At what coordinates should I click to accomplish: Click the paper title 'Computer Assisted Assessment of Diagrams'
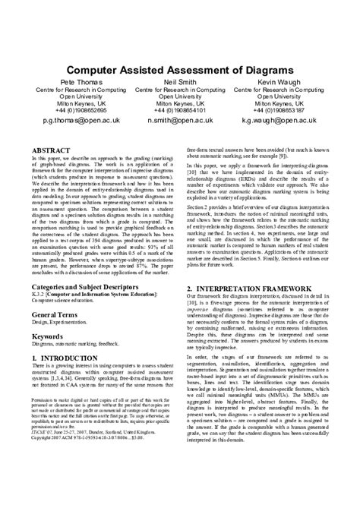tap(180, 69)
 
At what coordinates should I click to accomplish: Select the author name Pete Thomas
tap(74, 80)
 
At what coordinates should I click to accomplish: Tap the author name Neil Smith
tap(179, 80)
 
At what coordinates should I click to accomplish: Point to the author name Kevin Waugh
tap(286, 80)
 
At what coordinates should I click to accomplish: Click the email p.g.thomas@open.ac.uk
tap(74, 120)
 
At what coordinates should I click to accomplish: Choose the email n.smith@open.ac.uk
tap(180, 120)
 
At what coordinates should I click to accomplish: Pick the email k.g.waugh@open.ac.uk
tap(286, 120)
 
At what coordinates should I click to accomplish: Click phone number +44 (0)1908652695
tap(74, 110)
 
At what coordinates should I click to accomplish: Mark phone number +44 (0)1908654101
tap(179, 110)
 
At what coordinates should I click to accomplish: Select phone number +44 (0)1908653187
tap(286, 110)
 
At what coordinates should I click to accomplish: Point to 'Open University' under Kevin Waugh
tap(286, 96)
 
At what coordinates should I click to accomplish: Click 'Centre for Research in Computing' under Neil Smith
tap(179, 89)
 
